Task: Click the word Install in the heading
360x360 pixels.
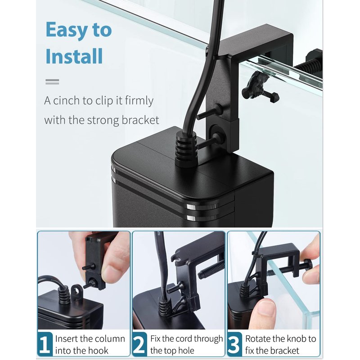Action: tap(74, 56)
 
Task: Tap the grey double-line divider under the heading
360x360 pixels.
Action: tap(52, 82)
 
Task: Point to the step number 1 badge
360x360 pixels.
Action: tap(45, 344)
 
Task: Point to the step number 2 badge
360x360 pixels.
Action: tap(139, 344)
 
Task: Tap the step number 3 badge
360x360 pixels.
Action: tap(234, 344)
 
